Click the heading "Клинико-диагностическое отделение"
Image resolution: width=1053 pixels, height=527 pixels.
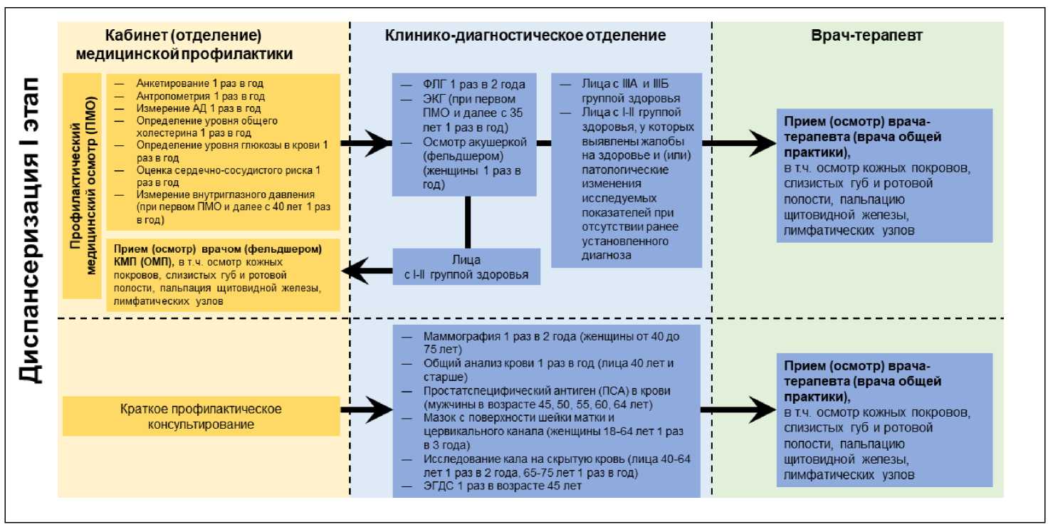coord(525,36)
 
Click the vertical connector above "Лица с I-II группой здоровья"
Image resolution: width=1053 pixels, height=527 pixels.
coord(467,221)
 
